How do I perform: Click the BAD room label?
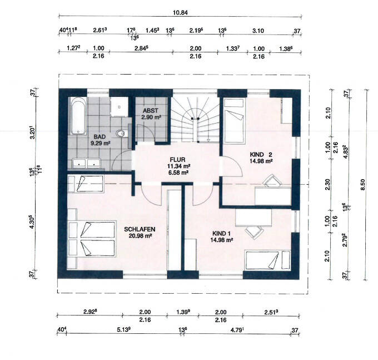[x=100, y=137]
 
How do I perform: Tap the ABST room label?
[x=151, y=111]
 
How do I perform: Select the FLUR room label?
[x=178, y=160]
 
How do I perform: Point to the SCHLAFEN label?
[x=140, y=229]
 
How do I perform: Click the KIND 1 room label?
[x=221, y=234]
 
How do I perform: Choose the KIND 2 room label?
[x=261, y=155]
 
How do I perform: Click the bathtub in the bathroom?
[x=78, y=116]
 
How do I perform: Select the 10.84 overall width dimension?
[x=180, y=13]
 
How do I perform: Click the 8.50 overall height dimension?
[x=363, y=185]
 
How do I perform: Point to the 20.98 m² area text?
[x=140, y=236]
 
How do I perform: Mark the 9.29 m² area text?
[x=100, y=144]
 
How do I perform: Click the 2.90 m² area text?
[x=151, y=117]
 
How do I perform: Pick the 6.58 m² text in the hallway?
[x=178, y=172]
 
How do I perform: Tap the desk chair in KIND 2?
[x=272, y=181]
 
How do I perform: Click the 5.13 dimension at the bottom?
[x=123, y=329]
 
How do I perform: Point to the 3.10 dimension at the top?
[x=258, y=31]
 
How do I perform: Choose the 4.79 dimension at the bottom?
[x=237, y=330]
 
